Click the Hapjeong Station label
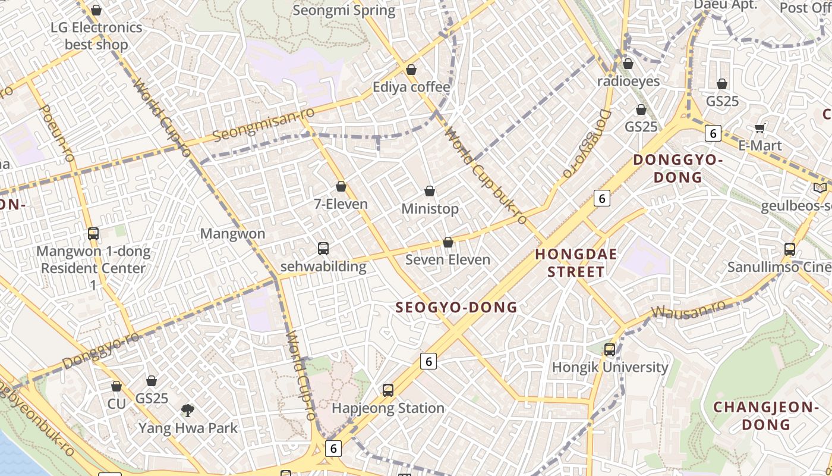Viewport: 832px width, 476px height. (388, 408)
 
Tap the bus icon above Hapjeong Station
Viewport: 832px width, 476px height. (388, 390)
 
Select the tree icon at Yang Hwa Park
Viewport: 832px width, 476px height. (188, 410)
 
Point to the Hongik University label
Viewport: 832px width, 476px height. (610, 367)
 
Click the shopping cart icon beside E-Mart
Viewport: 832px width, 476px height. (759, 128)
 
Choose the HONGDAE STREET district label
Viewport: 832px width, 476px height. (576, 263)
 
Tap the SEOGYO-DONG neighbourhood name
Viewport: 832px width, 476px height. (456, 308)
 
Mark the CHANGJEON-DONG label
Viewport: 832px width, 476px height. (766, 416)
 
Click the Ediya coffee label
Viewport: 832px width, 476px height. (411, 87)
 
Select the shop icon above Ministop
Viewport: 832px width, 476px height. (430, 191)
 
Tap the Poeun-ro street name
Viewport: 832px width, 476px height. (57, 133)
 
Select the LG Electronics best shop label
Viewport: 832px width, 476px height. (96, 36)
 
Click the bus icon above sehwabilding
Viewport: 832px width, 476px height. (323, 249)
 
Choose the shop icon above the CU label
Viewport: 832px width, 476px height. (116, 386)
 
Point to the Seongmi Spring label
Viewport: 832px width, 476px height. (343, 10)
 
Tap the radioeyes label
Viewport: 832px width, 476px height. (628, 81)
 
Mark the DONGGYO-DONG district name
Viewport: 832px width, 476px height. (677, 168)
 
